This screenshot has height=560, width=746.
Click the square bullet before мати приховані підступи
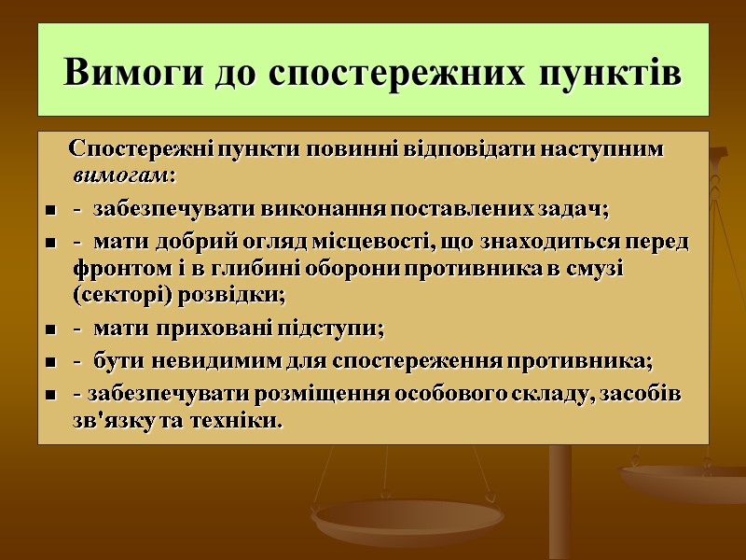coord(49,330)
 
